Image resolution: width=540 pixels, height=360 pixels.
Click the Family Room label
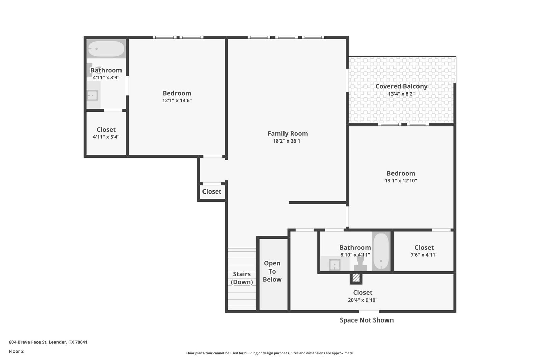click(x=288, y=133)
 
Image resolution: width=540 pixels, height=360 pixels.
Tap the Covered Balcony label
click(x=401, y=86)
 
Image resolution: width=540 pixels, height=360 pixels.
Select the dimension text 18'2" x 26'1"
click(x=288, y=141)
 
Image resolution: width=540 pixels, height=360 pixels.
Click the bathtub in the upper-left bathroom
click(x=106, y=49)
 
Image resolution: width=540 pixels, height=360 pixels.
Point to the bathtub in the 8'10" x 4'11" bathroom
click(x=381, y=251)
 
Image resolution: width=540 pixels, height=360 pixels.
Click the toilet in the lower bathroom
click(x=360, y=263)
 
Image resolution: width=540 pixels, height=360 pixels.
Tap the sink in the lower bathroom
click(x=335, y=265)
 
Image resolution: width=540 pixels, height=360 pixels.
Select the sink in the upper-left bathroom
click(x=92, y=95)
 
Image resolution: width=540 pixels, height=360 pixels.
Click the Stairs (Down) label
click(x=242, y=278)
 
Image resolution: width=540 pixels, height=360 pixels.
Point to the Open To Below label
click(x=272, y=271)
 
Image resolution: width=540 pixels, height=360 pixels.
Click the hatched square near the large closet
click(x=356, y=278)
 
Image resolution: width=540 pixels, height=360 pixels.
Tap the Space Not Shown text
click(x=367, y=320)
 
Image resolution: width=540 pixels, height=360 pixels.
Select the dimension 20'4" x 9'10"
click(x=362, y=300)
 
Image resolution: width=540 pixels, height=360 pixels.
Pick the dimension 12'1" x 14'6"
click(x=177, y=100)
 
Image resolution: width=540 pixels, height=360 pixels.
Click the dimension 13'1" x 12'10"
click(x=401, y=180)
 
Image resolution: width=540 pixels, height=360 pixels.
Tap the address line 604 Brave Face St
click(x=48, y=342)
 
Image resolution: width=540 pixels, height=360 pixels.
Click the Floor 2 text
click(x=17, y=351)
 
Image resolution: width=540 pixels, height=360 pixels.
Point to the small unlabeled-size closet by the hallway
click(x=212, y=191)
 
